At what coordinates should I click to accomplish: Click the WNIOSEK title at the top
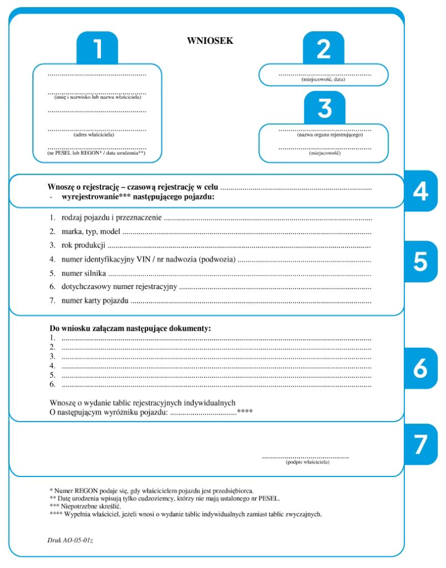210,40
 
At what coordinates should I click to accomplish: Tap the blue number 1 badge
97,49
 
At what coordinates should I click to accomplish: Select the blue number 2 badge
323,49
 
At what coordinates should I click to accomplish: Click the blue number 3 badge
325,109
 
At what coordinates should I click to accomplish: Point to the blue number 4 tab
420,191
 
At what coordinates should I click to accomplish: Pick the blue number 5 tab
420,261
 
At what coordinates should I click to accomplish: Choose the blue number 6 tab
420,368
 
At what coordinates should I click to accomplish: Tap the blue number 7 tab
420,444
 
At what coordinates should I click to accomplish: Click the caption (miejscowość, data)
324,80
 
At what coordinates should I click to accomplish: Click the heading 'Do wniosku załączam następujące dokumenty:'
130,328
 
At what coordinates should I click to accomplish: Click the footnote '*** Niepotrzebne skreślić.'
85,506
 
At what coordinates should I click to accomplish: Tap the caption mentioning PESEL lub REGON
97,153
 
